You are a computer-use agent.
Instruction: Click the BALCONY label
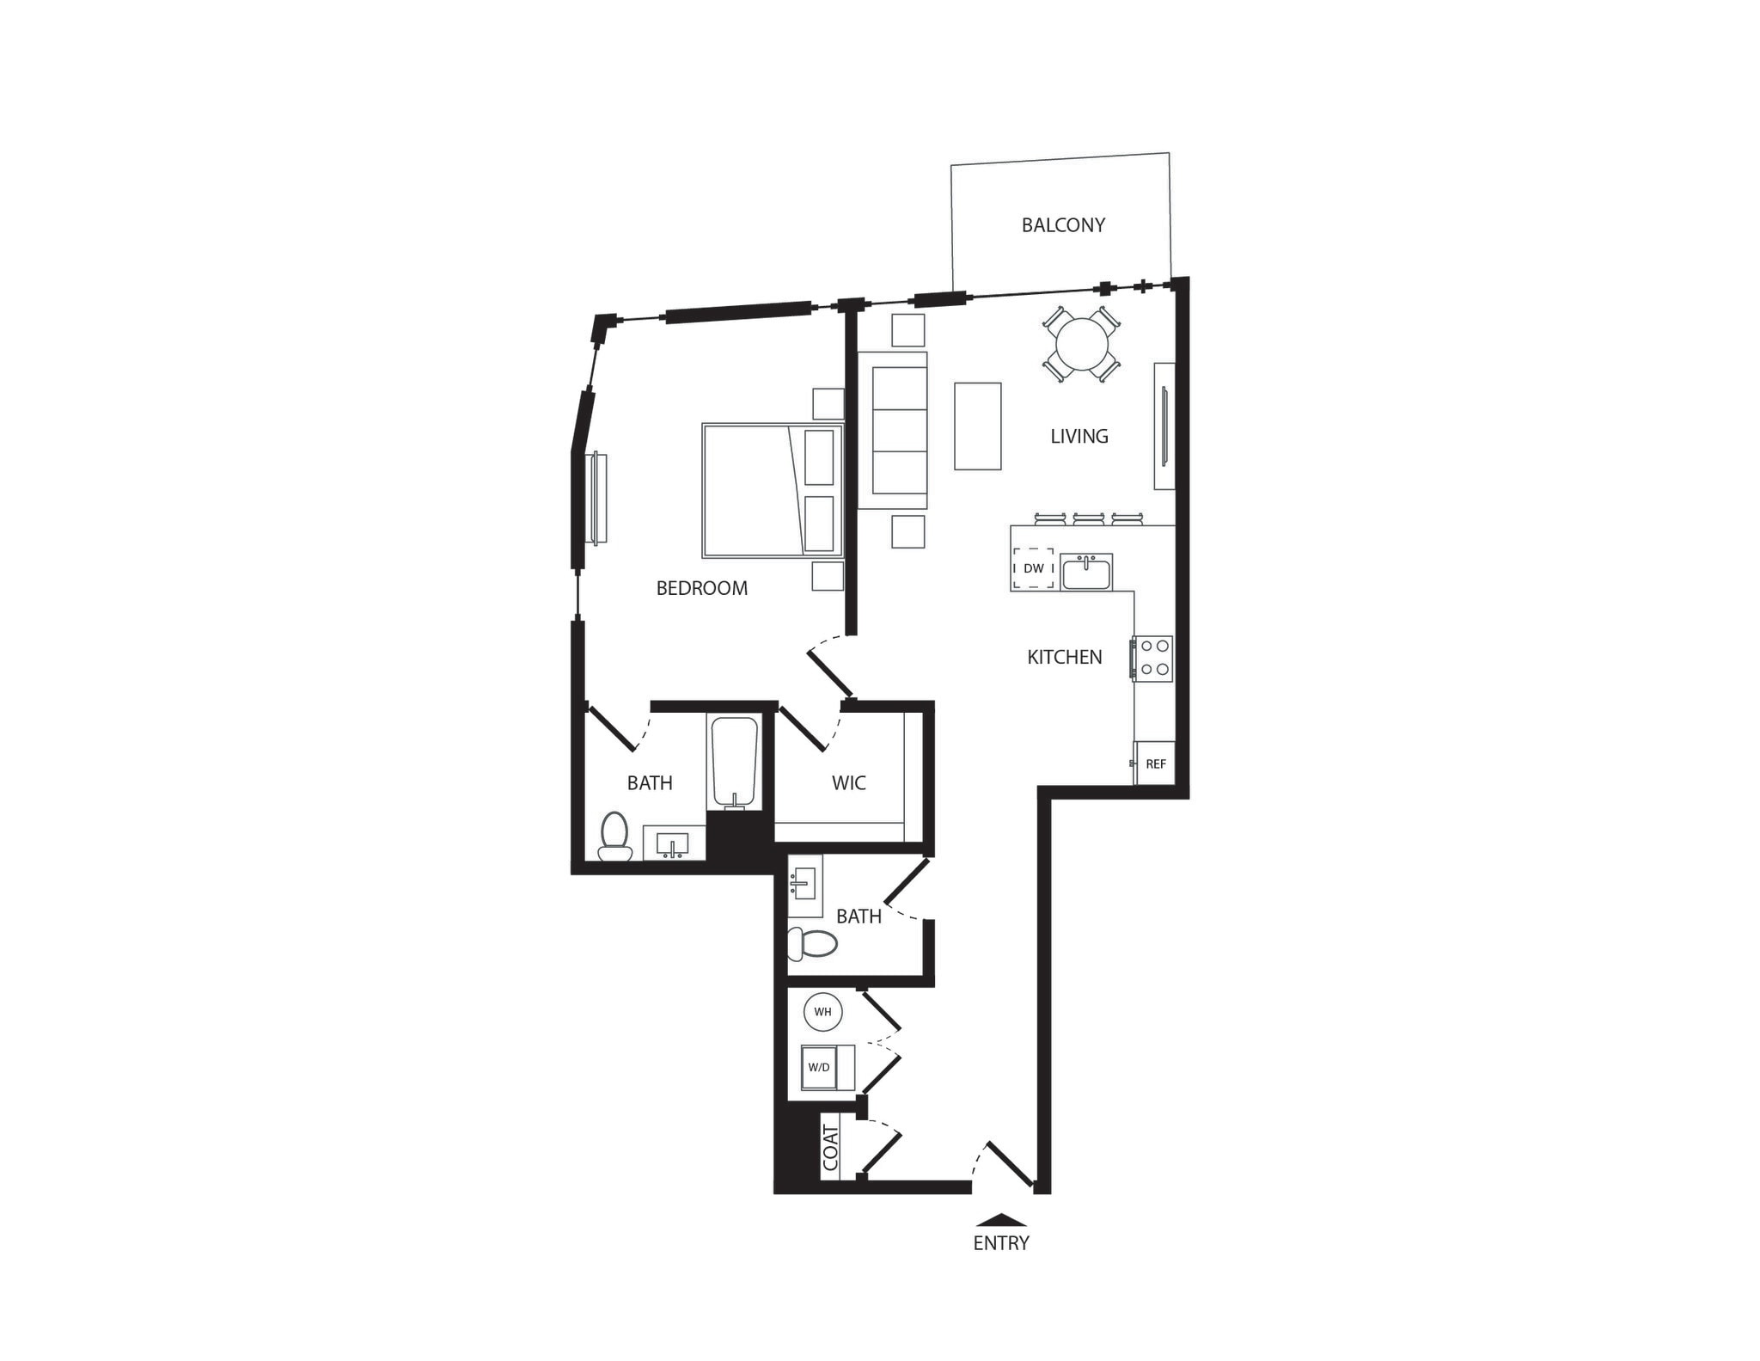click(x=1062, y=225)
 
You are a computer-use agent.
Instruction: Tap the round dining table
click(x=1082, y=345)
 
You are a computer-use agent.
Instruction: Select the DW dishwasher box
click(x=1033, y=568)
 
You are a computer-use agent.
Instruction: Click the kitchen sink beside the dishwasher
click(x=1086, y=572)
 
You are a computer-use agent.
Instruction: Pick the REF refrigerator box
click(x=1155, y=763)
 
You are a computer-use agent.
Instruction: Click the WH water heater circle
click(x=822, y=1012)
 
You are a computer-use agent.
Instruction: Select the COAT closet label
click(x=830, y=1147)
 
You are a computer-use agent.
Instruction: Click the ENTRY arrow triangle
click(x=1001, y=1219)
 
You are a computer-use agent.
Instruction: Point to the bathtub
click(x=734, y=761)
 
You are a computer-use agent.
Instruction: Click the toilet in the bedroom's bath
click(x=614, y=837)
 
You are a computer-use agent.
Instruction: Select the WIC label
click(x=848, y=783)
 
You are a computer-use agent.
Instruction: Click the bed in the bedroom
click(x=772, y=490)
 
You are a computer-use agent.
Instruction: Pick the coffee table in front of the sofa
click(x=977, y=426)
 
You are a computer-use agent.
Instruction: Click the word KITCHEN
click(x=1064, y=658)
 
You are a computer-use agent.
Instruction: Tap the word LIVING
click(x=1079, y=437)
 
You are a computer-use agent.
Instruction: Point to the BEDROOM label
click(x=701, y=589)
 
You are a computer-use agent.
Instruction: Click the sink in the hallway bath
click(x=804, y=884)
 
